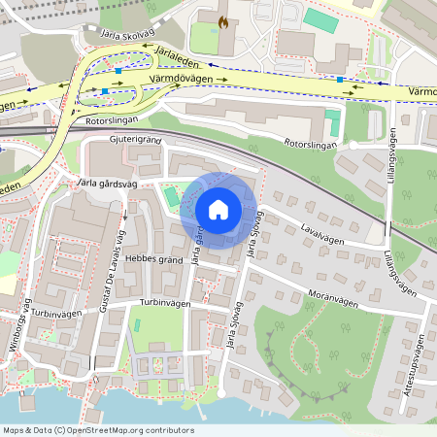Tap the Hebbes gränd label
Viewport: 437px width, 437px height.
(154, 259)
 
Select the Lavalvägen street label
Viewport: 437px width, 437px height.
(323, 232)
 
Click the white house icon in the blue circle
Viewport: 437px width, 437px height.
(218, 209)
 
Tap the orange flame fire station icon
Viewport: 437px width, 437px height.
(224, 20)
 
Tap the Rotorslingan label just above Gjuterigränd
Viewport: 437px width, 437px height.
(113, 120)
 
